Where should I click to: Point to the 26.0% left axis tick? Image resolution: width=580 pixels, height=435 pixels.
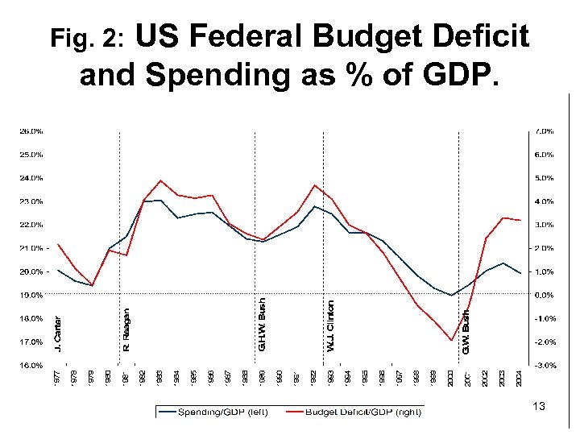pos(31,130)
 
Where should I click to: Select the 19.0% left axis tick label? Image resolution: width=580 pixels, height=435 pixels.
pos(31,295)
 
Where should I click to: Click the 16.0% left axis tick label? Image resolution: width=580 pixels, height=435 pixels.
pos(31,365)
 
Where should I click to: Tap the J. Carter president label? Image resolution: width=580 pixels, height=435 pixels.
pos(56,332)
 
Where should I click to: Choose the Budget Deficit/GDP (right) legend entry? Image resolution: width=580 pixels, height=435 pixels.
pos(362,412)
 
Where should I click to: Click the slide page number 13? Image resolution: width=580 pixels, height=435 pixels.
pos(538,408)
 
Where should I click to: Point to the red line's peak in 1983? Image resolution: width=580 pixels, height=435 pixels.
pos(160,180)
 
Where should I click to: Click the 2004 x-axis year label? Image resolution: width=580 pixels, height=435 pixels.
pos(520,376)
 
